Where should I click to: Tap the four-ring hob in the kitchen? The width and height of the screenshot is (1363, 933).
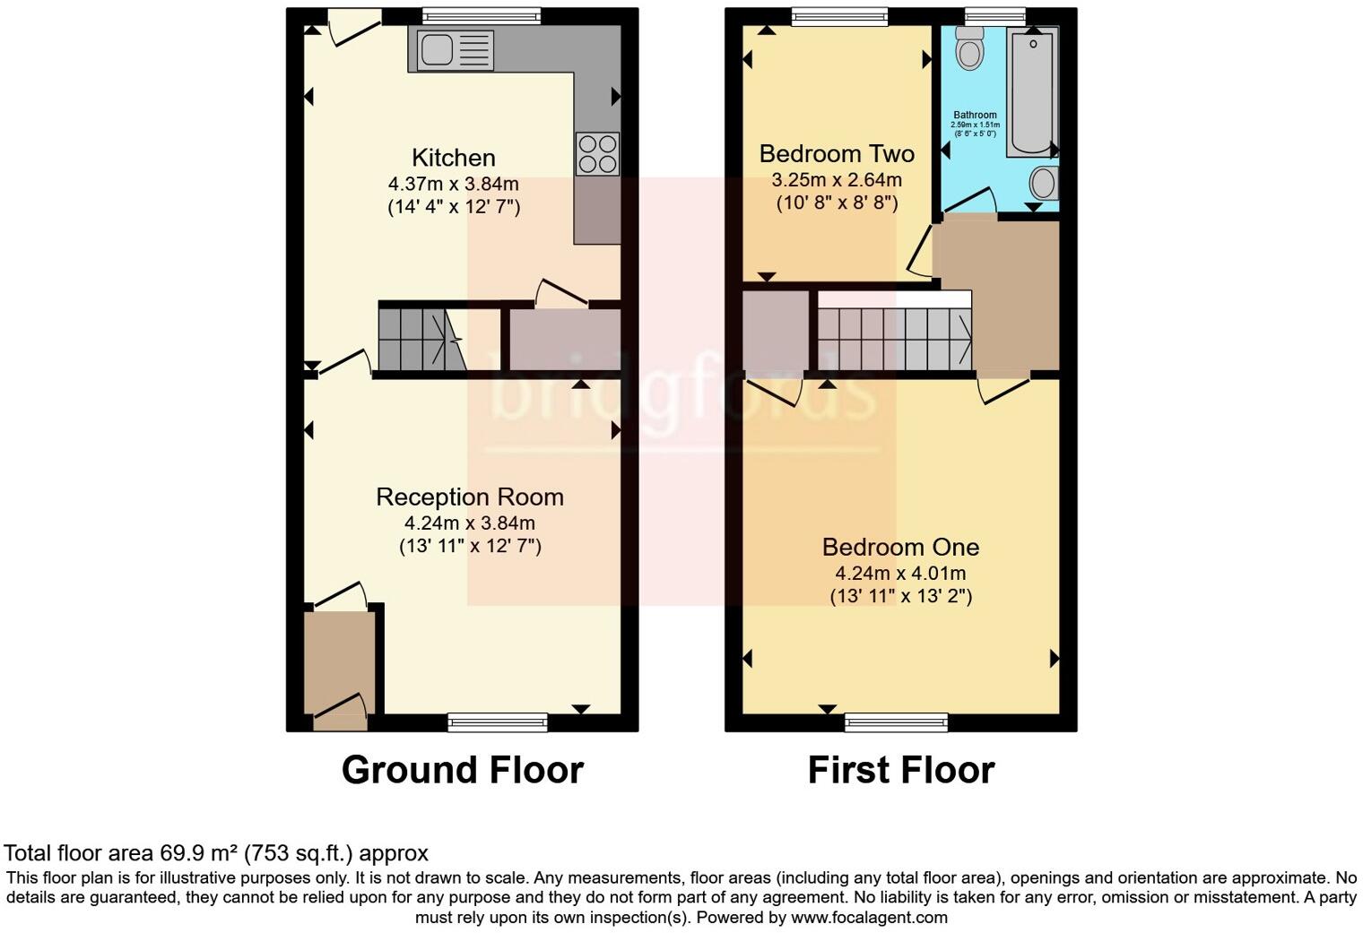click(597, 153)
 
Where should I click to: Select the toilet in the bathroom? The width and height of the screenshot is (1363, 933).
click(969, 48)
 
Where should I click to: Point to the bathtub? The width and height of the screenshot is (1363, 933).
click(1031, 91)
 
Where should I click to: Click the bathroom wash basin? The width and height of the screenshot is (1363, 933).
click(1043, 184)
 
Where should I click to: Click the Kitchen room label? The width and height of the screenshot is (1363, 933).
click(453, 158)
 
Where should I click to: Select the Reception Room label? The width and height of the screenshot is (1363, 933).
click(469, 497)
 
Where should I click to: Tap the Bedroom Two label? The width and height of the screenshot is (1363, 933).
click(836, 153)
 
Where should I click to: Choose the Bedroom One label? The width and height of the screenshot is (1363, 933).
click(899, 547)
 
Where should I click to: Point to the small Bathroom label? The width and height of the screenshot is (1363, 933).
click(974, 115)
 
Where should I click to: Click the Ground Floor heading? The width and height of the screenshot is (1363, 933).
click(462, 770)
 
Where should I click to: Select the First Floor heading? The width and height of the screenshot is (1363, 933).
click(900, 770)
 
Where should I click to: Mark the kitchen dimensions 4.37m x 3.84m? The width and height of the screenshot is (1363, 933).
click(453, 184)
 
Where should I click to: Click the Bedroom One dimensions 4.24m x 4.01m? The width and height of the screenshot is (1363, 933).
click(899, 574)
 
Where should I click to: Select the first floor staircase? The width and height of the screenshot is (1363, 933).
click(894, 340)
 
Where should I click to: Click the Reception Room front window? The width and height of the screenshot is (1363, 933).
click(498, 721)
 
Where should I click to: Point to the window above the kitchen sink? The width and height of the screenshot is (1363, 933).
click(482, 15)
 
